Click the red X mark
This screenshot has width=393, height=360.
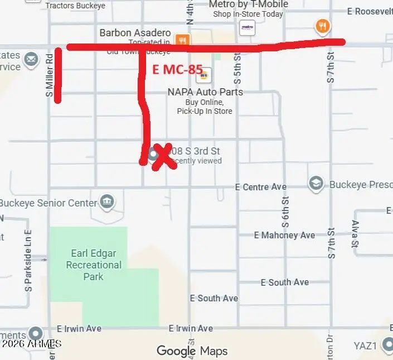point(162,156)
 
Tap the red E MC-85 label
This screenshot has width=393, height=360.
point(177,69)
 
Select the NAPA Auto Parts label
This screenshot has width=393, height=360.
point(205,92)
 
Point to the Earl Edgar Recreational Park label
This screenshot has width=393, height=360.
point(94,265)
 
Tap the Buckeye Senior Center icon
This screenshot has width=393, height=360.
point(107,201)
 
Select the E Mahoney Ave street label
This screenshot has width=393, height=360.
point(284,236)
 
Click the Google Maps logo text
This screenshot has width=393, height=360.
point(192,351)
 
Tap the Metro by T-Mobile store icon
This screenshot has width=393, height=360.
point(247,27)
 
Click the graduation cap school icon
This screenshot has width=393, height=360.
point(316,184)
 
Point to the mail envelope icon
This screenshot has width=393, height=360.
point(31,59)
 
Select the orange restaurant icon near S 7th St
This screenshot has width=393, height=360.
point(322,26)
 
